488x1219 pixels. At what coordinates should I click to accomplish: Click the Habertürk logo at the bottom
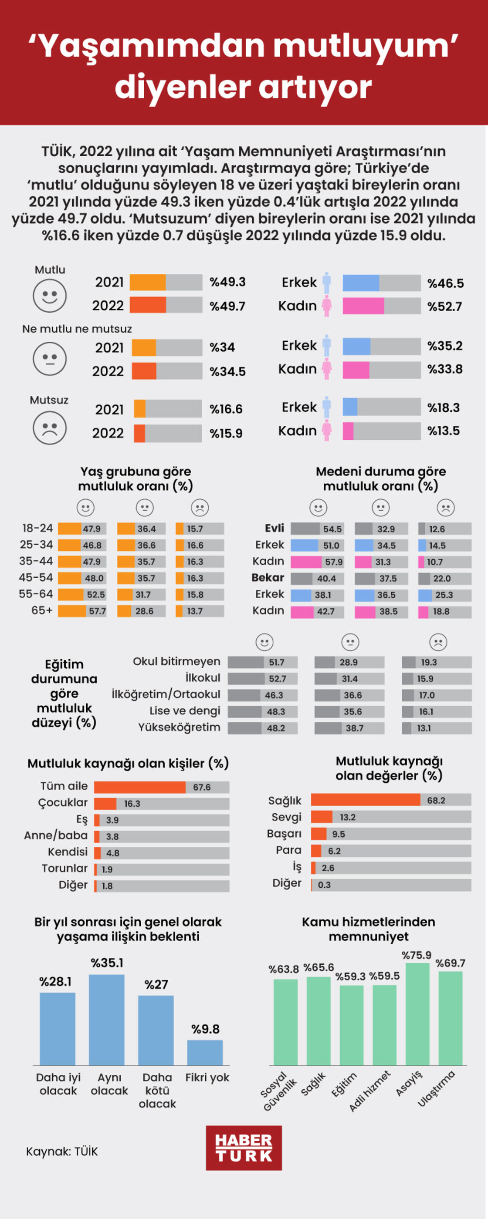244,1148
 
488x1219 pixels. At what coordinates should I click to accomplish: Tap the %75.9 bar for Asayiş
417,1014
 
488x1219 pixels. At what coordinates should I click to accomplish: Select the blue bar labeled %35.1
107,1019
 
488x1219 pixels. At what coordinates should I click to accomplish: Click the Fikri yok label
207,1078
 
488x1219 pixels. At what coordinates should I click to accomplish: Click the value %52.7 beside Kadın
444,306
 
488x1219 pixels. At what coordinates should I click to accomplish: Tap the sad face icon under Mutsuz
49,428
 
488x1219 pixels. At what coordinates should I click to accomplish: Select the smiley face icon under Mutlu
49,296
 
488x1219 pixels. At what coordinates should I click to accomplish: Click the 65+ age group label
42,610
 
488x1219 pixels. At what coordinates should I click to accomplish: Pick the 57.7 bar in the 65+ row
82,611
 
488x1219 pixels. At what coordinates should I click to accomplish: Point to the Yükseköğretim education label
179,727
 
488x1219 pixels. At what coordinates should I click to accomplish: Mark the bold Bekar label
268,578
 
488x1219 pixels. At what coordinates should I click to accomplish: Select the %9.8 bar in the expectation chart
205,1052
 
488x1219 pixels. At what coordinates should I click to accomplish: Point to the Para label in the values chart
288,850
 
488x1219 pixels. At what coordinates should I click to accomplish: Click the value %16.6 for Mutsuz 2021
226,409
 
